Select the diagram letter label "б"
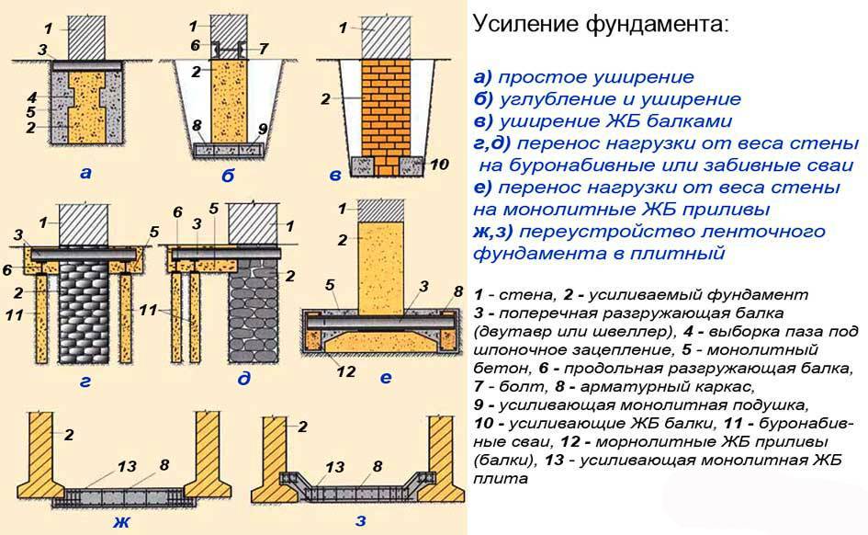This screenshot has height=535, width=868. click(227, 176)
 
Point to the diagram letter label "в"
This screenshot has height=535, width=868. click(335, 175)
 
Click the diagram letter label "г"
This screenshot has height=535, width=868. click(85, 378)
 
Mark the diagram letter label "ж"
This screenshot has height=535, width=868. click(121, 523)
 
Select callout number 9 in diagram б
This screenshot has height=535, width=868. click(264, 129)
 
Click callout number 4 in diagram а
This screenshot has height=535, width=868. click(32, 96)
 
